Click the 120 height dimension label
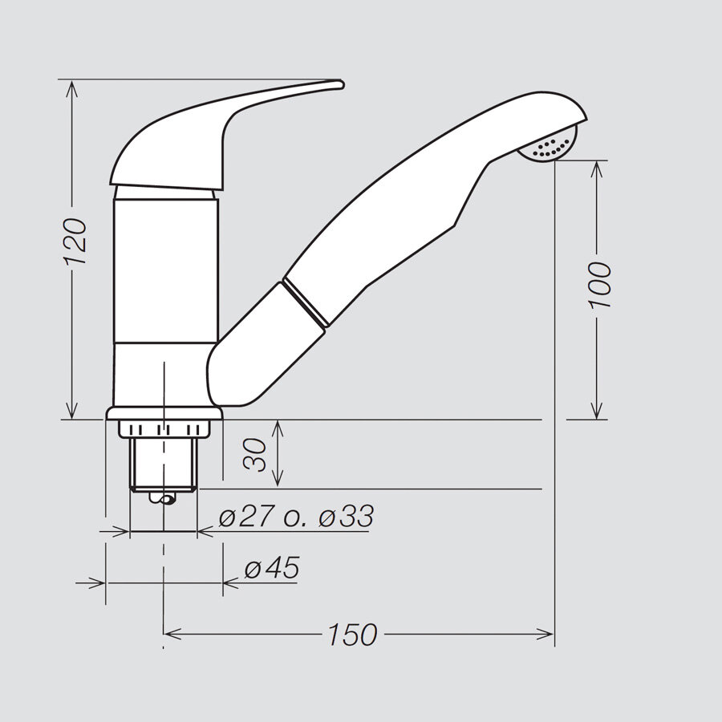(75, 241)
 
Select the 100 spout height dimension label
(600, 285)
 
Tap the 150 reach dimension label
(353, 635)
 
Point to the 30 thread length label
(256, 455)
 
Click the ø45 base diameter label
(272, 567)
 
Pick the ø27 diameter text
(247, 516)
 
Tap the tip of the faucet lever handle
(342, 83)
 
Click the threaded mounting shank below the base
(164, 464)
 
